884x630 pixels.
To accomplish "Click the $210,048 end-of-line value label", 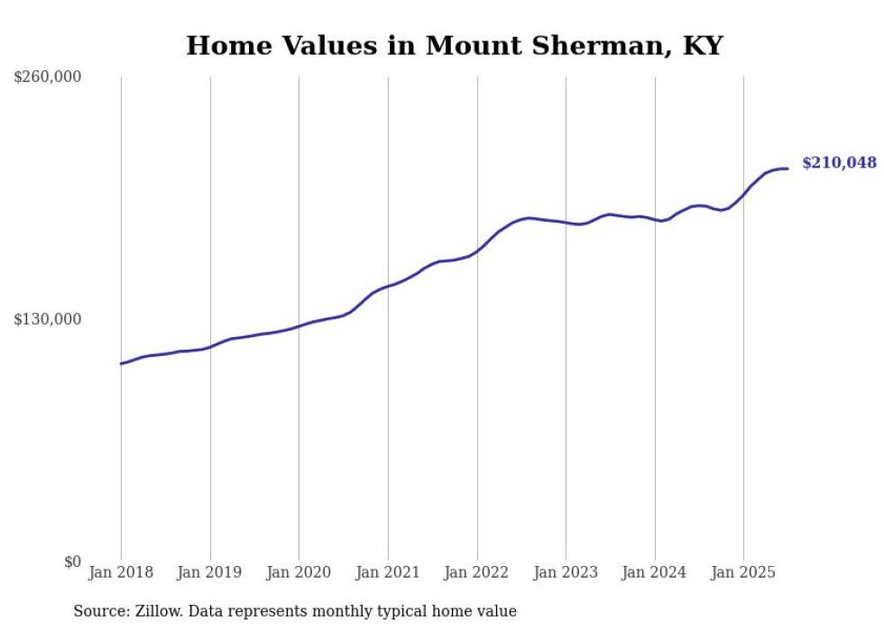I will pos(838,163).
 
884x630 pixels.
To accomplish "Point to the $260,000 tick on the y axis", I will pos(48,78).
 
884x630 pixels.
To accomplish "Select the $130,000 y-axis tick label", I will pos(48,319).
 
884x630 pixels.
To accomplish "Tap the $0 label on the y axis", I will pos(72,562).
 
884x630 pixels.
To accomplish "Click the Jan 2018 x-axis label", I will pos(121,572).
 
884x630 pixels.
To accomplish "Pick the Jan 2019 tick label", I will pos(210,572).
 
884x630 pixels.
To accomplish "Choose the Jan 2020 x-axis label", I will pos(299,572).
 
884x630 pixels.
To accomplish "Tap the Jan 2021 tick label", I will pos(388,572).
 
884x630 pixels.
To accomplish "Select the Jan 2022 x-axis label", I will pos(476,572).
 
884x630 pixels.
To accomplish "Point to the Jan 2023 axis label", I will pos(566,572).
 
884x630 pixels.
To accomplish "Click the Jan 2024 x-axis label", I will pos(654,572).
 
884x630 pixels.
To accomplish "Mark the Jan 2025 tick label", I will pos(743,572).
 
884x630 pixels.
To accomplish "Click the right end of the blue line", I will pos(787,169).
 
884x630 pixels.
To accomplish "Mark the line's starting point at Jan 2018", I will pos(121,363).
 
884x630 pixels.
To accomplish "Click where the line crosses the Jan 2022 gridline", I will pos(477,250).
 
